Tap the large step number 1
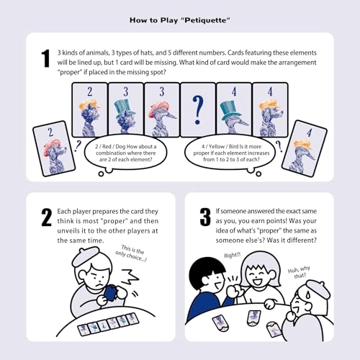coord(47,59)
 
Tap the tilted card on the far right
coord(303,149)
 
